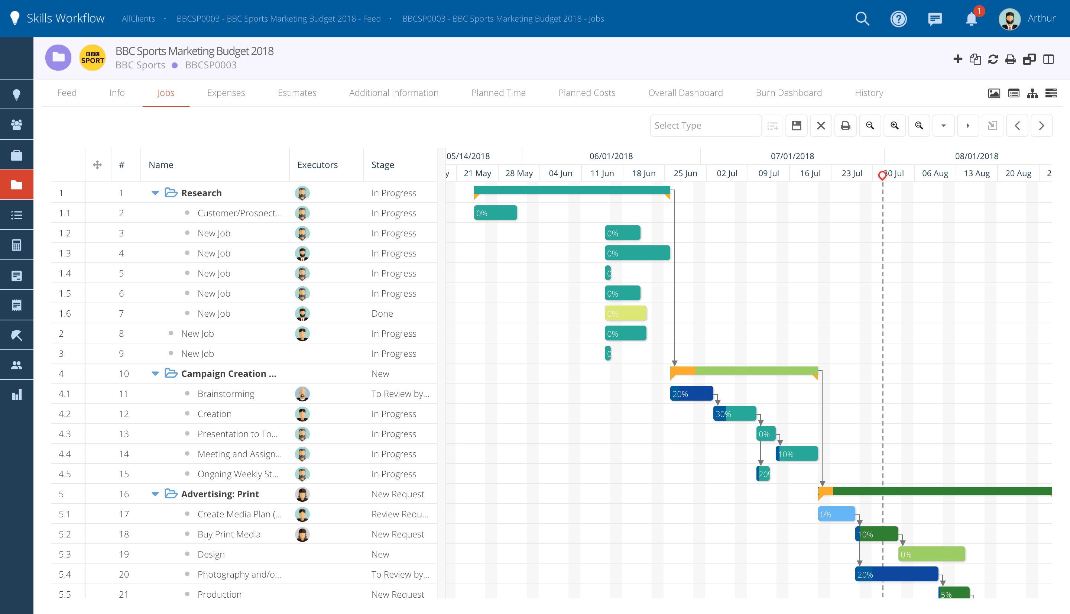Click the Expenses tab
click(x=226, y=93)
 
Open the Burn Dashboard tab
click(x=788, y=93)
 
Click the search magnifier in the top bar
click(x=862, y=19)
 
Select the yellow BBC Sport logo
click(x=92, y=58)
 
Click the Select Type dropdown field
click(x=705, y=126)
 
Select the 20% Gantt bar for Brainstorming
click(x=691, y=394)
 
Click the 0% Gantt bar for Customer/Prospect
click(x=495, y=213)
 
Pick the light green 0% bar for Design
click(x=931, y=554)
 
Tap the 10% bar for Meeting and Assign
click(x=797, y=454)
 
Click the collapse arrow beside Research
click(x=155, y=193)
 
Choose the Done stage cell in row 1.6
click(x=382, y=313)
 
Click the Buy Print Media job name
click(x=229, y=534)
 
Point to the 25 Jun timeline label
click(x=685, y=173)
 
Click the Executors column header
click(x=317, y=165)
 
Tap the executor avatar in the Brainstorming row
click(x=302, y=394)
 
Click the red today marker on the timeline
click(x=882, y=175)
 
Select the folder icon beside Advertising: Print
click(x=171, y=494)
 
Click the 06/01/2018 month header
click(x=611, y=156)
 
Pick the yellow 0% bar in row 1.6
click(x=625, y=313)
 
